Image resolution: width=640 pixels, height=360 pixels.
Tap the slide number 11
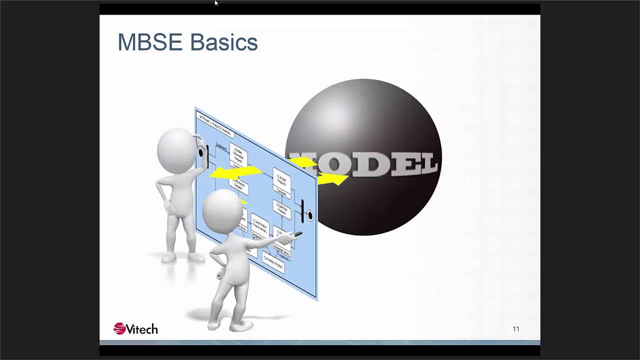coord(516,329)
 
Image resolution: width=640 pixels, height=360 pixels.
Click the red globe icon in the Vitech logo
coord(119,328)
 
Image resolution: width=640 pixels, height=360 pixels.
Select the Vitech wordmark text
coord(141,329)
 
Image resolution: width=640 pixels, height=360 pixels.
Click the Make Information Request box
coord(238,155)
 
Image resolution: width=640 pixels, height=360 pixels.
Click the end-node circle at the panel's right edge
coord(310,215)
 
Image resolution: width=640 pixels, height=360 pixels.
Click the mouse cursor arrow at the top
coord(216,2)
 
